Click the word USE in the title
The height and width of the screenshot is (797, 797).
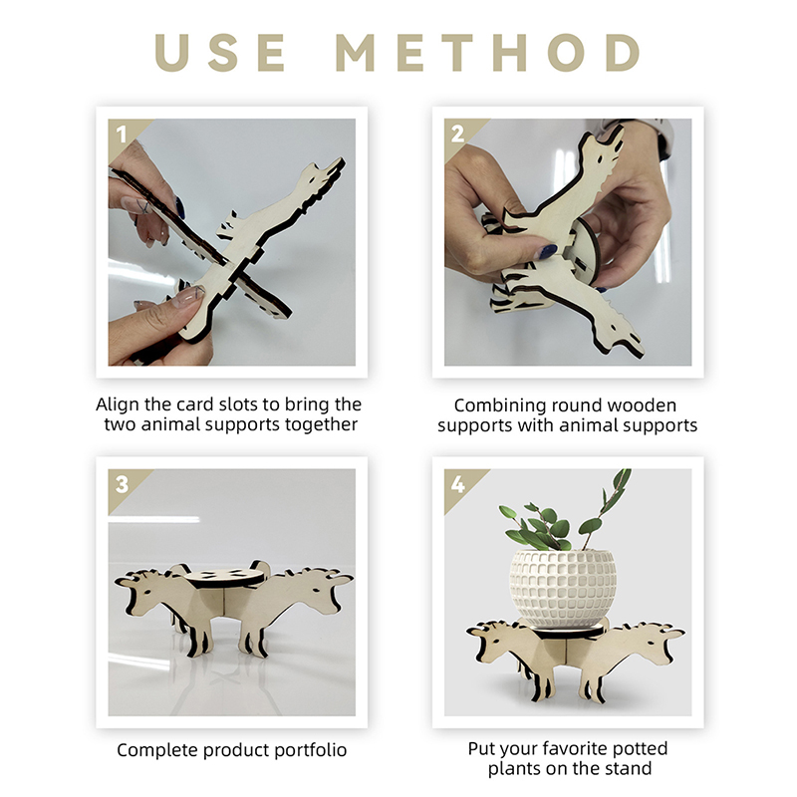click(220, 53)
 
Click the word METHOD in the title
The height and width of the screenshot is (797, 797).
click(488, 53)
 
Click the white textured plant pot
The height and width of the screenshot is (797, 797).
click(563, 588)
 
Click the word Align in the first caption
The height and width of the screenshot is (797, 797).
click(118, 405)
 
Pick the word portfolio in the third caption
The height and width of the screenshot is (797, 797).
click(311, 750)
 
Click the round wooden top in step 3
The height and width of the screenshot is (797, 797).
click(224, 578)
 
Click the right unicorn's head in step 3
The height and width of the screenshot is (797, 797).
click(316, 590)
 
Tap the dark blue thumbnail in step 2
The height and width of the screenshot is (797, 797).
click(547, 252)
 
